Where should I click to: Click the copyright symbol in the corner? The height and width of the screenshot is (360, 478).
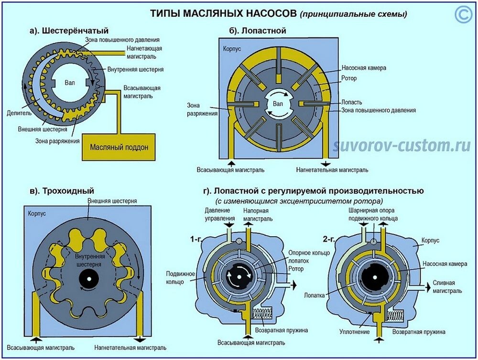(x=463, y=15)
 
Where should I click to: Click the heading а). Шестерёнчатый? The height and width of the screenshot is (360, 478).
(x=69, y=32)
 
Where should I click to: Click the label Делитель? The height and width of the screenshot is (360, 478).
(x=19, y=113)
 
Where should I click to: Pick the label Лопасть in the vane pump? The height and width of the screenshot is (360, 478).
(x=352, y=102)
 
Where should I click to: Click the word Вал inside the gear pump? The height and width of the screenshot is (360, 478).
(x=70, y=82)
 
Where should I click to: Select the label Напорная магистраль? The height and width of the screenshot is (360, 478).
(x=258, y=214)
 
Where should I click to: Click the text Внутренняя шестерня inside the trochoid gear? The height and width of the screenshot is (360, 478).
(x=88, y=260)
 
